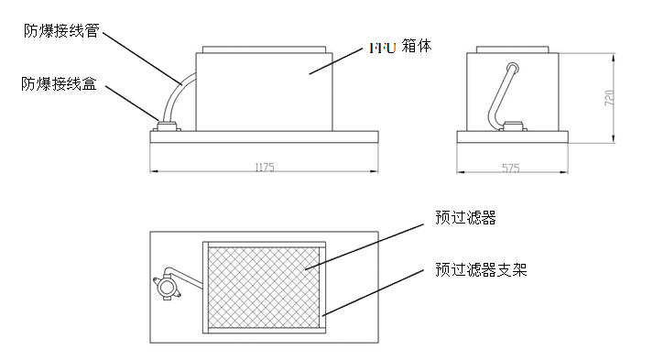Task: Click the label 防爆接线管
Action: pos(61,30)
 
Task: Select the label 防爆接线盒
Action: pos(61,83)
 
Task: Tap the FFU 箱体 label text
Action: pos(399,46)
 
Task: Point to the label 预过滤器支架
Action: pos(481,270)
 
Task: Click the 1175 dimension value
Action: pos(264,168)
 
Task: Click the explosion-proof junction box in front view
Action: pos(168,125)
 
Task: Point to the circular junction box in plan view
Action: pos(167,288)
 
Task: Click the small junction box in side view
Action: pos(514,125)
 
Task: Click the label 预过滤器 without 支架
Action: pos(465,218)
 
